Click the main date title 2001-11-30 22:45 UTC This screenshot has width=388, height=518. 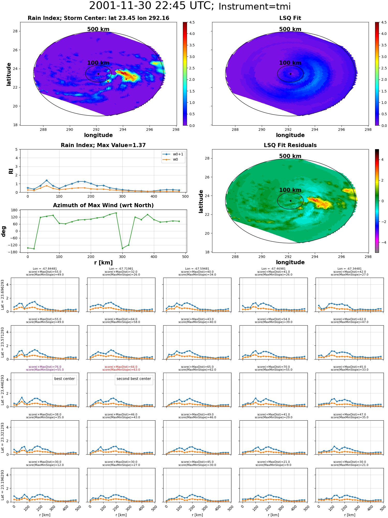[152, 6]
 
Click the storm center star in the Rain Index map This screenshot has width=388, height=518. [98, 74]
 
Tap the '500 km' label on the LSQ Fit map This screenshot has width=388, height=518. [290, 29]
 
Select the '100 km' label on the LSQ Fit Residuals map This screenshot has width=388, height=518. [290, 190]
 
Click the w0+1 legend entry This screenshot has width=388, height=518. [173, 154]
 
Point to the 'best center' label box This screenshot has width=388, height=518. [64, 379]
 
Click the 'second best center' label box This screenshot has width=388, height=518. [134, 379]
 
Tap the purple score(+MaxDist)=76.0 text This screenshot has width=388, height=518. [45, 367]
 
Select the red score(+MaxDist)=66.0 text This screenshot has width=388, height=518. [121, 367]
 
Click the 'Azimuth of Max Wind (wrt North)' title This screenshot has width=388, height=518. [103, 205]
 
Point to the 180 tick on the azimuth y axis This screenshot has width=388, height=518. [14, 210]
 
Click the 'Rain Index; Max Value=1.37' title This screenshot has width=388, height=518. [103, 145]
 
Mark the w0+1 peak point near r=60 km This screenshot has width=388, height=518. [47, 180]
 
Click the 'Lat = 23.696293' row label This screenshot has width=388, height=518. [3, 295]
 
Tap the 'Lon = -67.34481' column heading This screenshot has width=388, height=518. [349, 269]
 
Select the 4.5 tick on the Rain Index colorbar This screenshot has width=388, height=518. [192, 22]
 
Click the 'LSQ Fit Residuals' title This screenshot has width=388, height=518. [290, 145]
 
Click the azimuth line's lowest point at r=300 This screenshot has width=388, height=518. [122, 248]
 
